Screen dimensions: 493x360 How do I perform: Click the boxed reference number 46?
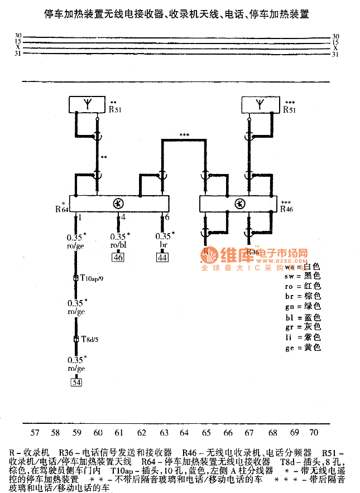click(118, 257)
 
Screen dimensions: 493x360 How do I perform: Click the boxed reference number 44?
click(162, 257)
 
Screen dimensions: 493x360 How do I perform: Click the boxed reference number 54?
click(76, 382)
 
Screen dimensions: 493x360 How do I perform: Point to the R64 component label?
click(61, 209)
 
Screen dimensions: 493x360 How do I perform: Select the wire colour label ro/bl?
click(118, 245)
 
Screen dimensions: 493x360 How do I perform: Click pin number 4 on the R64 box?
click(122, 216)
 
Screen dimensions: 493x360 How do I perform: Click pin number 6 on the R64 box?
click(166, 216)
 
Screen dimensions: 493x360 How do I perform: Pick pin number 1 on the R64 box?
click(80, 216)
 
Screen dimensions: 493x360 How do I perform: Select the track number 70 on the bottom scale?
click(314, 432)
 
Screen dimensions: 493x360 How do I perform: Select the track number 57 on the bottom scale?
click(35, 432)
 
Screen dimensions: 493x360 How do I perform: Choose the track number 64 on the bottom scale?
click(184, 432)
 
